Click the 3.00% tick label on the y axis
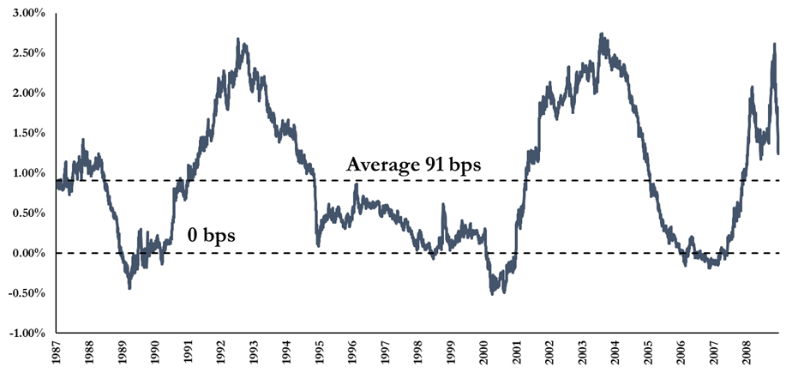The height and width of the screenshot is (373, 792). [25, 13]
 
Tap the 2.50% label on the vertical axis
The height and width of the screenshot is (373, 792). [25, 53]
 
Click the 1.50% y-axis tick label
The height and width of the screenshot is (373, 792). [25, 133]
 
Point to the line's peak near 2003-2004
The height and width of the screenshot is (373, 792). [602, 34]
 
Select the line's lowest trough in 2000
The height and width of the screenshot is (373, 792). [492, 293]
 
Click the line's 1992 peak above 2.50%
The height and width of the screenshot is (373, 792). [237, 39]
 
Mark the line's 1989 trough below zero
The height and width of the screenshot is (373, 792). [129, 287]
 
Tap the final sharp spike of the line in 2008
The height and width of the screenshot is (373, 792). [775, 44]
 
